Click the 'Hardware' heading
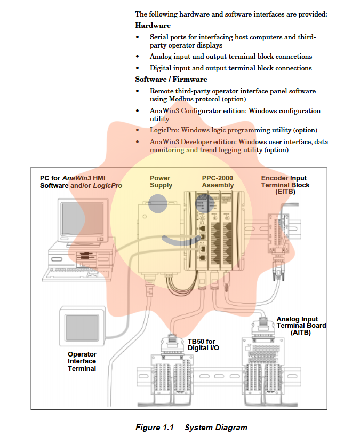click(x=153, y=25)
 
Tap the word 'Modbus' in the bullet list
click(x=183, y=99)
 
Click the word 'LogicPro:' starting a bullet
click(x=164, y=130)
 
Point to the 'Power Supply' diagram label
click(x=161, y=181)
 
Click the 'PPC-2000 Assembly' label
click(x=218, y=181)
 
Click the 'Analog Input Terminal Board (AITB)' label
click(x=301, y=326)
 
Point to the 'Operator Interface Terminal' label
click(x=82, y=361)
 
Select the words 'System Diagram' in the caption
click(x=215, y=428)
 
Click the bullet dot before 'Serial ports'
click(x=138, y=37)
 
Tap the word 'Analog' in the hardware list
click(x=161, y=57)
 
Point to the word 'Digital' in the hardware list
click(x=161, y=68)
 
